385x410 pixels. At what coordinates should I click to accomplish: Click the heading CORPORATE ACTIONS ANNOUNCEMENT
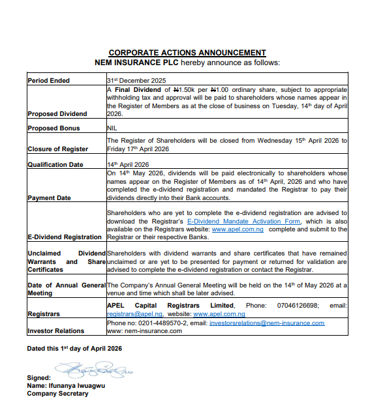coord(187,53)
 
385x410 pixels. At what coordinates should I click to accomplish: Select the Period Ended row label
coord(49,81)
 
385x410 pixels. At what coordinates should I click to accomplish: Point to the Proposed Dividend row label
coord(57,114)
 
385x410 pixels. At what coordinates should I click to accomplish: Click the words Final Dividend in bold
coord(140,89)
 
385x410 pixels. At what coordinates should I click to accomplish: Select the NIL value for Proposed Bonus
coord(112,128)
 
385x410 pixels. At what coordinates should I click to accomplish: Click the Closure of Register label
coord(57,149)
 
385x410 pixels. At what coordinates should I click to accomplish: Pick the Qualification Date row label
coord(55,164)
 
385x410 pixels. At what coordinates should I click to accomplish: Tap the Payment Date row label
coord(49,198)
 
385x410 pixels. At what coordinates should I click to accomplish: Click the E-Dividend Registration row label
coord(65,237)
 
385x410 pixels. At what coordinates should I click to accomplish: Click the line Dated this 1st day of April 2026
coord(74,349)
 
